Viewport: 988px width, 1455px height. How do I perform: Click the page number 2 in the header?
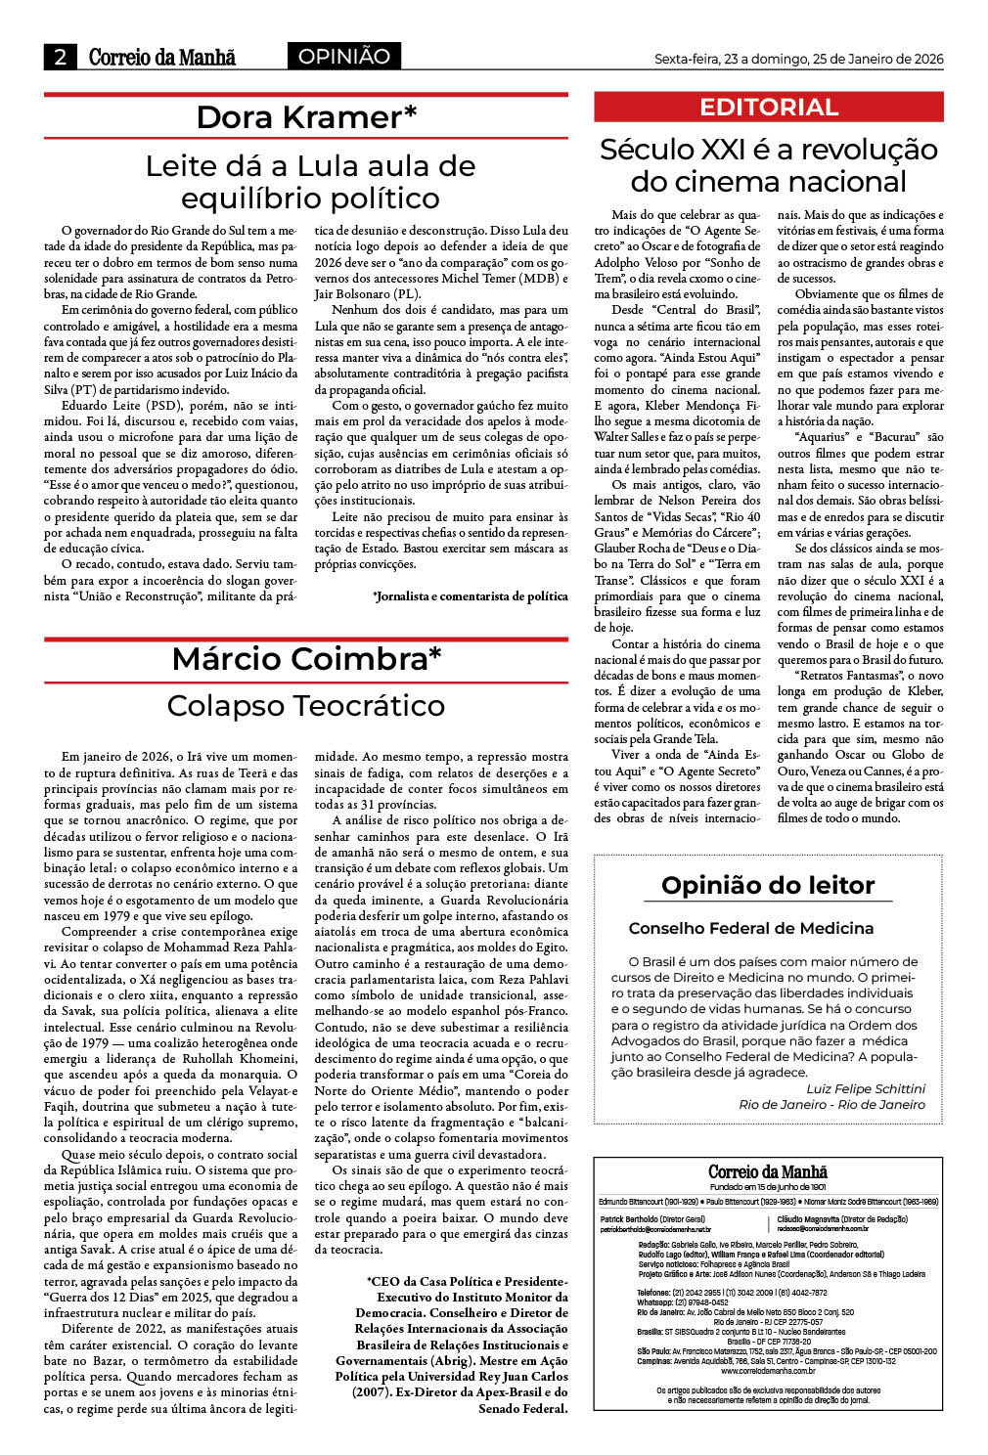[x=61, y=57]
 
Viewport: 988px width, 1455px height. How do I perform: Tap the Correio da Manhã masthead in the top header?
[x=162, y=57]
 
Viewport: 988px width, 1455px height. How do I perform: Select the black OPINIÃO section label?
[x=343, y=57]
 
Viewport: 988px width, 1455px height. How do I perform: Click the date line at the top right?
[x=798, y=59]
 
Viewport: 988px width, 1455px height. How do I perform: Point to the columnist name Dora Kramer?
[x=306, y=117]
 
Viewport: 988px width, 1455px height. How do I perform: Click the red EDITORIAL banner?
[x=769, y=108]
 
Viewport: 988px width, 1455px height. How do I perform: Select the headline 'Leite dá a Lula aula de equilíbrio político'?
[x=310, y=182]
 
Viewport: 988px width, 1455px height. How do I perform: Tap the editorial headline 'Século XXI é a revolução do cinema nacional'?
[x=769, y=165]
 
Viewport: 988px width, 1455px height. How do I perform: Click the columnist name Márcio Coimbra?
[x=306, y=659]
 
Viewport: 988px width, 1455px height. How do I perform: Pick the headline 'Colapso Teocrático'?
[x=306, y=705]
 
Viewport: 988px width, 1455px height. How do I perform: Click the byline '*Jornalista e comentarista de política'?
[x=470, y=595]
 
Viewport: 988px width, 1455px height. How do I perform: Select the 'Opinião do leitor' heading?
[x=768, y=885]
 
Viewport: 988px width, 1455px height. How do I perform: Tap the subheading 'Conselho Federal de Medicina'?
[x=751, y=928]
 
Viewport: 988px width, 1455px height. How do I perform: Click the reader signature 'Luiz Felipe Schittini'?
[x=865, y=1088]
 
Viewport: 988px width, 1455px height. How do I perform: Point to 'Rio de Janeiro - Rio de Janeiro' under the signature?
[x=831, y=1104]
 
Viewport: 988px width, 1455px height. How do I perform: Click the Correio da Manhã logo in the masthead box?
[x=768, y=1171]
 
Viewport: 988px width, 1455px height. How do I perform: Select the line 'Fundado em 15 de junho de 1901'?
[x=768, y=1187]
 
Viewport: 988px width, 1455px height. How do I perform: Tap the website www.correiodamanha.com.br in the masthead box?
[x=768, y=1371]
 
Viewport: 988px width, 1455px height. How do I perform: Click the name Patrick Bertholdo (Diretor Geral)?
[x=652, y=1219]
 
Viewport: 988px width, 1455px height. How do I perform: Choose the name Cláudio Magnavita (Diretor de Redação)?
[x=842, y=1219]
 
